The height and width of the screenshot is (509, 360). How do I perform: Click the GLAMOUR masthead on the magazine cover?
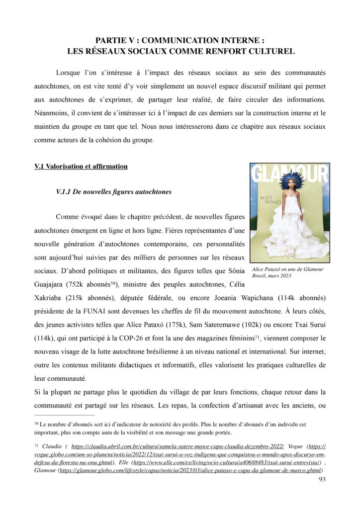[289, 174]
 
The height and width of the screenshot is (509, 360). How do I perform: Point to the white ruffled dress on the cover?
[290, 226]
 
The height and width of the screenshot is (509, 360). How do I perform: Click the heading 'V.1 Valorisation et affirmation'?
[81, 167]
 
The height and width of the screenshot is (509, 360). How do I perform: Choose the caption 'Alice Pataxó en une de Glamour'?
[287, 269]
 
